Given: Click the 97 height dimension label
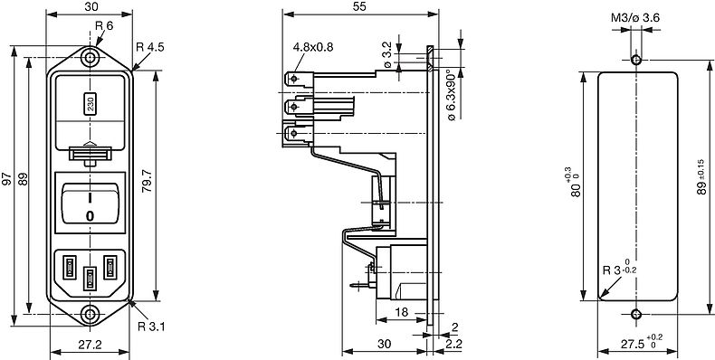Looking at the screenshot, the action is click(x=6, y=178).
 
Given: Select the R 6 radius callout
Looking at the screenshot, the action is click(x=104, y=26).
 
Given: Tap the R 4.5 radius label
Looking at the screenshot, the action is click(x=150, y=46).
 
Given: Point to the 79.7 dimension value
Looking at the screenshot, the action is click(x=147, y=182).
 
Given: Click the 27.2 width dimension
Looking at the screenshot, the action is click(x=90, y=345).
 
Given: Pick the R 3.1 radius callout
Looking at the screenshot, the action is click(x=151, y=327).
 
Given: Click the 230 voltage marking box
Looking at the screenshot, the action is click(x=90, y=104).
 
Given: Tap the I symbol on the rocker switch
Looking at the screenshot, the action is click(x=90, y=198).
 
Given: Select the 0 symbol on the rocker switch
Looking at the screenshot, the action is click(x=90, y=216).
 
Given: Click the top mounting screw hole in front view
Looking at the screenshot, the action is click(x=90, y=58).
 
